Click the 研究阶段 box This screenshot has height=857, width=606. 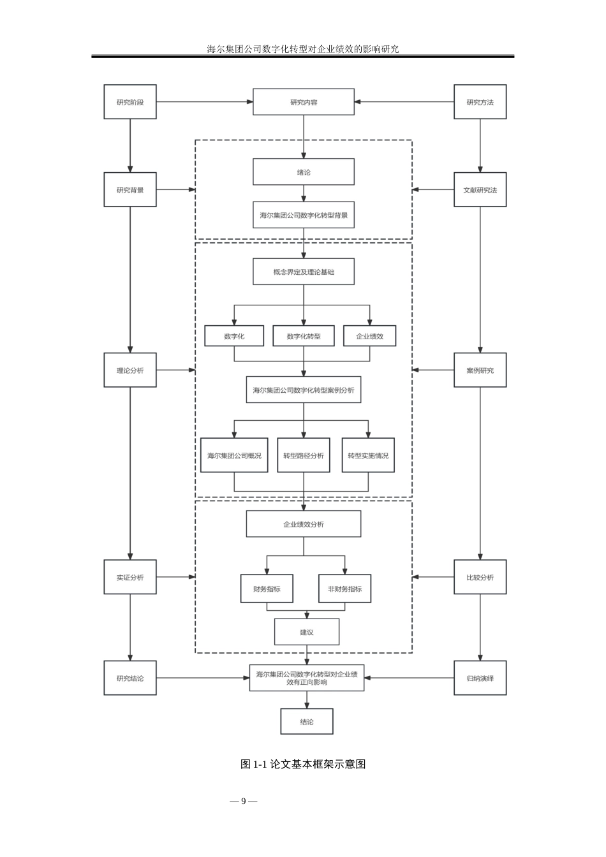click(x=130, y=102)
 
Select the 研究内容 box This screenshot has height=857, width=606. click(x=304, y=102)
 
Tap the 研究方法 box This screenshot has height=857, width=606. click(x=480, y=102)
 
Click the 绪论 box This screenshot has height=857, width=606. click(x=304, y=172)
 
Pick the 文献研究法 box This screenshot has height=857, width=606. click(x=480, y=190)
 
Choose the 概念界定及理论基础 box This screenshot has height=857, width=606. click(x=304, y=272)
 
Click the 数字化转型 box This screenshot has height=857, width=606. click(x=304, y=336)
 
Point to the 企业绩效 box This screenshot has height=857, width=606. click(x=369, y=336)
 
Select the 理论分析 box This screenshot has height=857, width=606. click(x=130, y=370)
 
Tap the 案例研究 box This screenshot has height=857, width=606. click(x=480, y=370)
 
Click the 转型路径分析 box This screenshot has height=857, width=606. click(x=304, y=455)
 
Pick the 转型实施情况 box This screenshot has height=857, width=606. click(x=368, y=455)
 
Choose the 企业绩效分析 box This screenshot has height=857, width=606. click(x=304, y=524)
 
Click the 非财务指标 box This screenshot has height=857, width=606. click(x=344, y=589)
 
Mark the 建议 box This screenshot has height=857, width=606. click(x=307, y=632)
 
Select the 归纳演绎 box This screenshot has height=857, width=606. click(x=480, y=678)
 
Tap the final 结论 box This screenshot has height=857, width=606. click(x=307, y=722)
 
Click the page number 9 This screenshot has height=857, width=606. click(x=244, y=801)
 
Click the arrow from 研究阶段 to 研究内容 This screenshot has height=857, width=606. click(x=204, y=102)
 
